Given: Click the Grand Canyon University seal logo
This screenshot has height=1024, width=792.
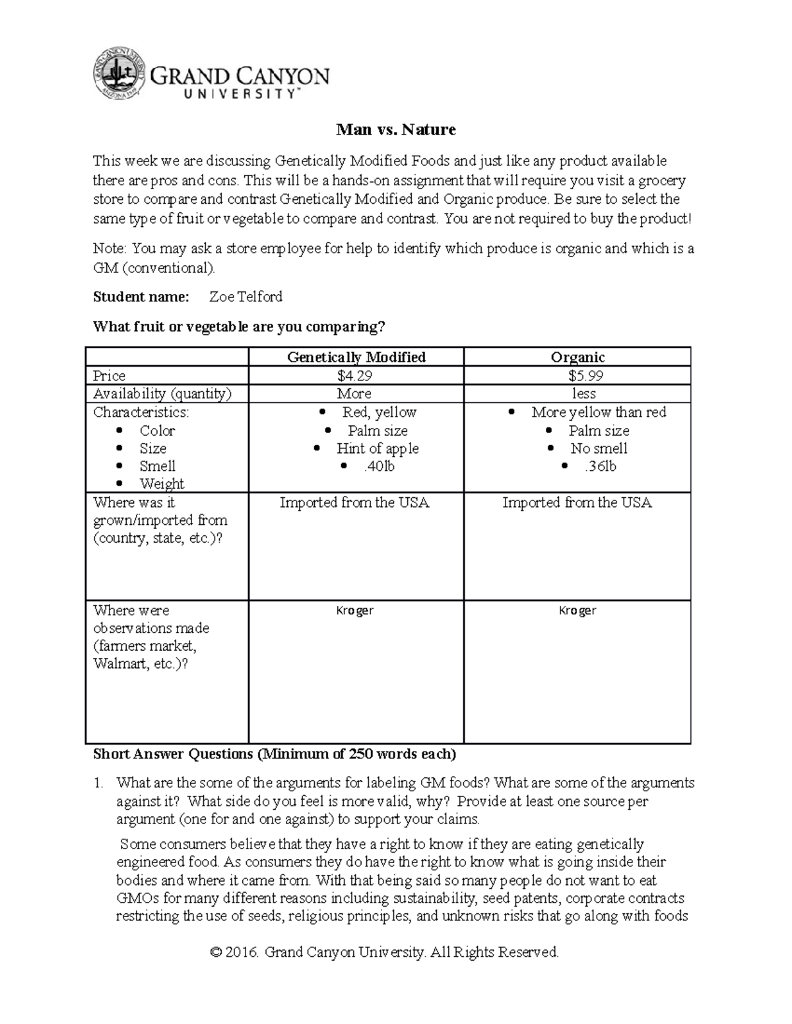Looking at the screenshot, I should (x=119, y=75).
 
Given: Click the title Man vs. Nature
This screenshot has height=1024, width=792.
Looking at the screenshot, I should (x=395, y=130).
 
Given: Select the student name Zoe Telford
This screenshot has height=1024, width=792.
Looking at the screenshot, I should (x=246, y=297).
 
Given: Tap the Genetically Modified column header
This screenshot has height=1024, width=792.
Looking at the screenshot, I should (x=356, y=357).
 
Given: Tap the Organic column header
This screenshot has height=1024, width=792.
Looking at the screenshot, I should (x=577, y=357).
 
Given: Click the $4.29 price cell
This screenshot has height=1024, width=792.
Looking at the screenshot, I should (x=356, y=376).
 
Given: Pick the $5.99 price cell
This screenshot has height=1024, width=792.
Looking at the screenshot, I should (x=577, y=376).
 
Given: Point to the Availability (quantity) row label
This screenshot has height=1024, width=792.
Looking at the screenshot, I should (x=162, y=394).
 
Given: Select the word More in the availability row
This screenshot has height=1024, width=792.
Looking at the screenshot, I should (x=354, y=394).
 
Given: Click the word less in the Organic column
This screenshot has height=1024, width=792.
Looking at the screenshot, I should (x=584, y=394).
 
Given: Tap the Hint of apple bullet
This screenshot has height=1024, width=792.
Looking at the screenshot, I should (x=377, y=448).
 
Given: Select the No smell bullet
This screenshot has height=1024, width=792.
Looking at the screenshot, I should (x=599, y=448).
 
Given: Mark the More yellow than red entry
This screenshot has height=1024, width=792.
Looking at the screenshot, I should (x=599, y=412).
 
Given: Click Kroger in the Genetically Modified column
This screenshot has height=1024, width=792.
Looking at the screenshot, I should (x=355, y=611).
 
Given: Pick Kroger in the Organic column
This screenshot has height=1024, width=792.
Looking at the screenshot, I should (x=577, y=611).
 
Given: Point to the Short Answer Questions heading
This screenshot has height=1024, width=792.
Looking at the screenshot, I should (x=274, y=754).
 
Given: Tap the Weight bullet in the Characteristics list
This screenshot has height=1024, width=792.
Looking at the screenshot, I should (x=162, y=484).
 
